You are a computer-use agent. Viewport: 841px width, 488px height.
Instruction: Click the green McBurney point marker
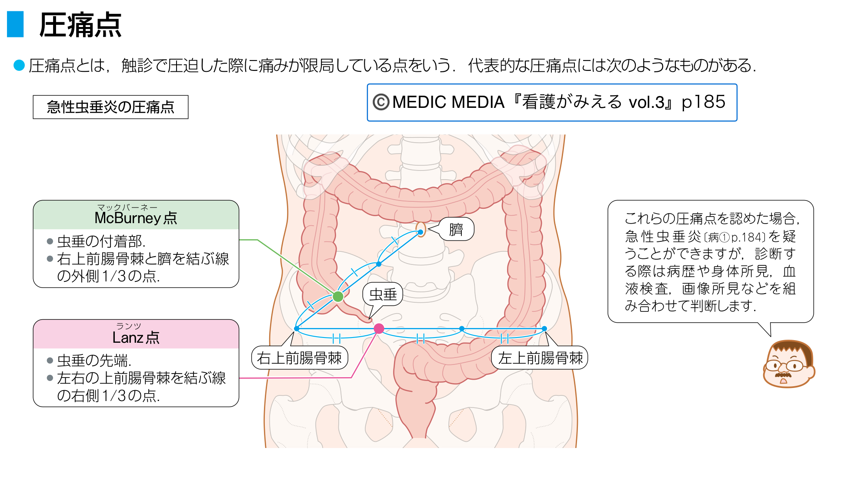click(338, 297)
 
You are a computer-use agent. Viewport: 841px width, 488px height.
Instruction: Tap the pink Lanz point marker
click(379, 328)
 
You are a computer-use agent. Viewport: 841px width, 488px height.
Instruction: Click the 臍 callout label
click(456, 229)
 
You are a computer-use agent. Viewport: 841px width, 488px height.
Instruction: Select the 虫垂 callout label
click(383, 294)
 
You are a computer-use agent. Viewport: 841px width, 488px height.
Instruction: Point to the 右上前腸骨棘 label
click(300, 358)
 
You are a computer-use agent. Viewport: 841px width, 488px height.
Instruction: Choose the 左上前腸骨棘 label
click(540, 358)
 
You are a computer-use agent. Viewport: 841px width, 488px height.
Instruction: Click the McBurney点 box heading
click(136, 217)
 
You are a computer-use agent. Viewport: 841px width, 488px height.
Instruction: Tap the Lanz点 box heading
click(136, 337)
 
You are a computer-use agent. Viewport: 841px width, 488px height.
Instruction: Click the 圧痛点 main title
click(80, 25)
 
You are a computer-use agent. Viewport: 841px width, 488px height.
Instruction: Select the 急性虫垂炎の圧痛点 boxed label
click(110, 107)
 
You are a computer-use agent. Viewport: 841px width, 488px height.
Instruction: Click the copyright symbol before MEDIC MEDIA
click(381, 102)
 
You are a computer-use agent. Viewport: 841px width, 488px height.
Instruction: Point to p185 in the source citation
click(704, 102)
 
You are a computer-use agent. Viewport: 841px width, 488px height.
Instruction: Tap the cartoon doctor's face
click(788, 364)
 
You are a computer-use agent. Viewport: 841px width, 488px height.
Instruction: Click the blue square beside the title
click(15, 24)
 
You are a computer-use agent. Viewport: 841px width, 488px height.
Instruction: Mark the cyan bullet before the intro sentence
click(19, 65)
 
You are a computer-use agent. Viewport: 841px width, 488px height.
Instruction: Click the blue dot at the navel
click(420, 232)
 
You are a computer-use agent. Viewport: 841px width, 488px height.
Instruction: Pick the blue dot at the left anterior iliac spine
click(544, 328)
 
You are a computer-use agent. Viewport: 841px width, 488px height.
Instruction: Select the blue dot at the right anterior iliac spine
click(297, 328)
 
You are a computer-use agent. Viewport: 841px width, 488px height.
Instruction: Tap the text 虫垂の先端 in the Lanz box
click(94, 360)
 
